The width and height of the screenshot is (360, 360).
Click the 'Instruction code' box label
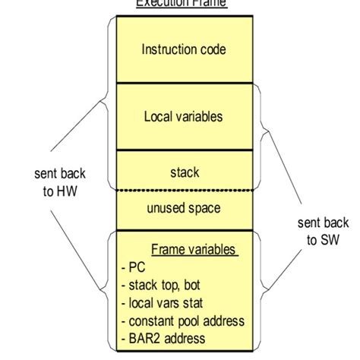[x=184, y=50]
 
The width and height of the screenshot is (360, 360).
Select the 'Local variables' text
[x=184, y=117]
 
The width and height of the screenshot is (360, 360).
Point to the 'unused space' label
[x=184, y=207]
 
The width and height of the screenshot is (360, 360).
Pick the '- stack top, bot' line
[x=162, y=285]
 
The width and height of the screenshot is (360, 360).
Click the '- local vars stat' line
[x=162, y=302]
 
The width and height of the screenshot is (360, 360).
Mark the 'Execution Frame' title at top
[x=181, y=4]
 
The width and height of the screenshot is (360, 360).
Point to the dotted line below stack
[x=184, y=190]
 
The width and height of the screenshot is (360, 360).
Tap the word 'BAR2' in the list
[x=142, y=337]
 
